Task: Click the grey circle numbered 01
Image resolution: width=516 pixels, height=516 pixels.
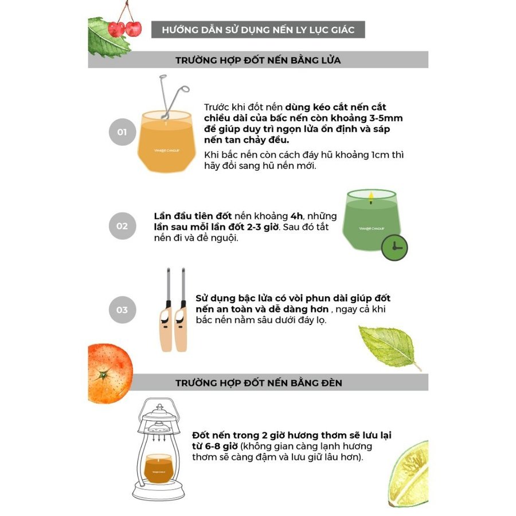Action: (x=122, y=132)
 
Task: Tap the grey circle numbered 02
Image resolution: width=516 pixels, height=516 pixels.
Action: (x=122, y=225)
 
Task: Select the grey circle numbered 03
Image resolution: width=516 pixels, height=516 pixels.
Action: (x=122, y=310)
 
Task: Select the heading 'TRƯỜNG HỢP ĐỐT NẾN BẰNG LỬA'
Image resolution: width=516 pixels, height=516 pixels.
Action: (x=258, y=60)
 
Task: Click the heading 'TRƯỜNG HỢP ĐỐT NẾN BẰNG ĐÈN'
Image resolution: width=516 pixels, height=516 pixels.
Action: (x=258, y=382)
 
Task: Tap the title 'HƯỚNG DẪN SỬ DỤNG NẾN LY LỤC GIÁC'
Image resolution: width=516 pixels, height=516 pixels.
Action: (x=258, y=29)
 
